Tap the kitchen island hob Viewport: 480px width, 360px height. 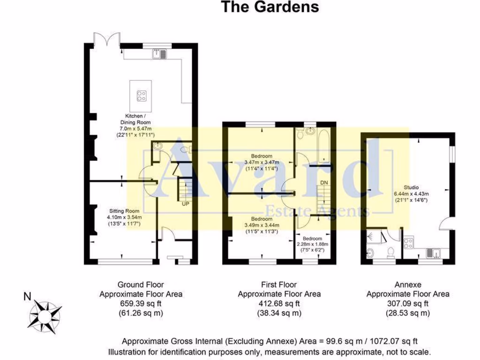pyautogui.click(x=141, y=96)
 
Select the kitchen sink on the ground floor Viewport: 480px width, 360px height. pyautogui.click(x=159, y=54)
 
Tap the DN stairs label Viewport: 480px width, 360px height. pyautogui.click(x=324, y=182)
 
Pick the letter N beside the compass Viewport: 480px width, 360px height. pyautogui.click(x=28, y=296)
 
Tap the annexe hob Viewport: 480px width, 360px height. pyautogui.click(x=408, y=243)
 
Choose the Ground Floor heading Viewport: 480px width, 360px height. pyautogui.click(x=141, y=284)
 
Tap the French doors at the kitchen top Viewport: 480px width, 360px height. pyautogui.click(x=104, y=38)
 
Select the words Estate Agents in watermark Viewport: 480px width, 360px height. pyautogui.click(x=317, y=211)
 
